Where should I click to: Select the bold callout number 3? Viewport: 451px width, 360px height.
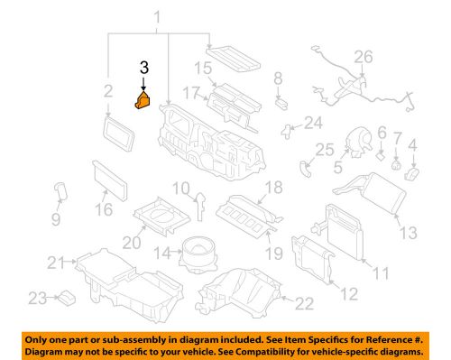[143, 69]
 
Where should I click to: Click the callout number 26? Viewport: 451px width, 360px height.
[362, 57]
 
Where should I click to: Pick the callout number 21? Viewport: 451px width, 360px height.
[56, 263]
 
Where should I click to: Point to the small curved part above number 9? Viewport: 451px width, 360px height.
[61, 191]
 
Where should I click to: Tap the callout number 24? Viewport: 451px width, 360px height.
[313, 122]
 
